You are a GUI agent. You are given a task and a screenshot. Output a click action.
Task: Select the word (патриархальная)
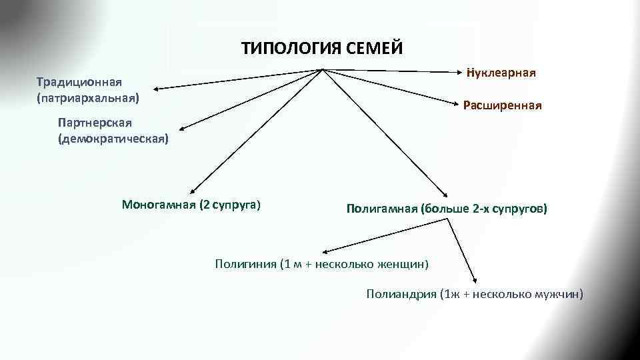point(88,97)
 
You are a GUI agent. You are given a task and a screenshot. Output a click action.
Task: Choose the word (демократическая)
point(113,139)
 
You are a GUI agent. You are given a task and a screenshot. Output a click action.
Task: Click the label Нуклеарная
point(502,71)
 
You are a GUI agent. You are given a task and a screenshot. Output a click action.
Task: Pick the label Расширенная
point(502,105)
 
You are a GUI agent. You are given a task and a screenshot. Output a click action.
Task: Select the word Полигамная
point(381,209)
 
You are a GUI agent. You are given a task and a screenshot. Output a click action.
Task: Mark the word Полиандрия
point(401,293)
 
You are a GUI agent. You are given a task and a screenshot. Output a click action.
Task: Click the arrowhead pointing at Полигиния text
point(325,252)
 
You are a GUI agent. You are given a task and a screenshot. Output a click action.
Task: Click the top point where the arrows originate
point(323,69)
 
